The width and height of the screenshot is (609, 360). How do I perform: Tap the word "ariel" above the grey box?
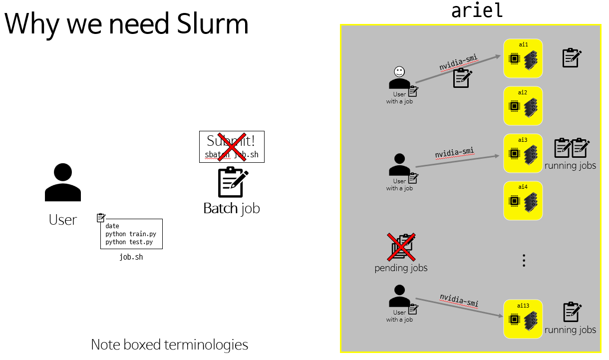tap(477, 10)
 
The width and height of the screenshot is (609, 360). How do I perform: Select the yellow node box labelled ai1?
tap(523, 58)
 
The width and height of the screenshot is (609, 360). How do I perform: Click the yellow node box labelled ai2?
tap(523, 106)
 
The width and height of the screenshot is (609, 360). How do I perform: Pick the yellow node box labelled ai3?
tap(523, 153)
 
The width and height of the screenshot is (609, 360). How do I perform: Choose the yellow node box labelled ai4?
tap(523, 201)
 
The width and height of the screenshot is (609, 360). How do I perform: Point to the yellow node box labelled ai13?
tap(523, 319)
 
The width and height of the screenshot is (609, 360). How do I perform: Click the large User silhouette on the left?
tap(63, 182)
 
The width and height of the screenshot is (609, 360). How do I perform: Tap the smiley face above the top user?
tap(399, 71)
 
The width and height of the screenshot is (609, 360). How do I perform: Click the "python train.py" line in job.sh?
tap(131, 234)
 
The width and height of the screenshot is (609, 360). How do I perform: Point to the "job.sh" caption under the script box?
tap(131, 257)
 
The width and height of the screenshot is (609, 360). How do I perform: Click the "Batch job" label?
tap(232, 208)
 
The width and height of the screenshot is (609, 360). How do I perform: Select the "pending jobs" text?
tap(401, 268)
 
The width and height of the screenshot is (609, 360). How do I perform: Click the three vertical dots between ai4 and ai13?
tap(524, 260)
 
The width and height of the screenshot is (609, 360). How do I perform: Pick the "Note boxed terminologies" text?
tap(169, 345)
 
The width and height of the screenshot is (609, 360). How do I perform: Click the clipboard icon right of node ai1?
tap(572, 58)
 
